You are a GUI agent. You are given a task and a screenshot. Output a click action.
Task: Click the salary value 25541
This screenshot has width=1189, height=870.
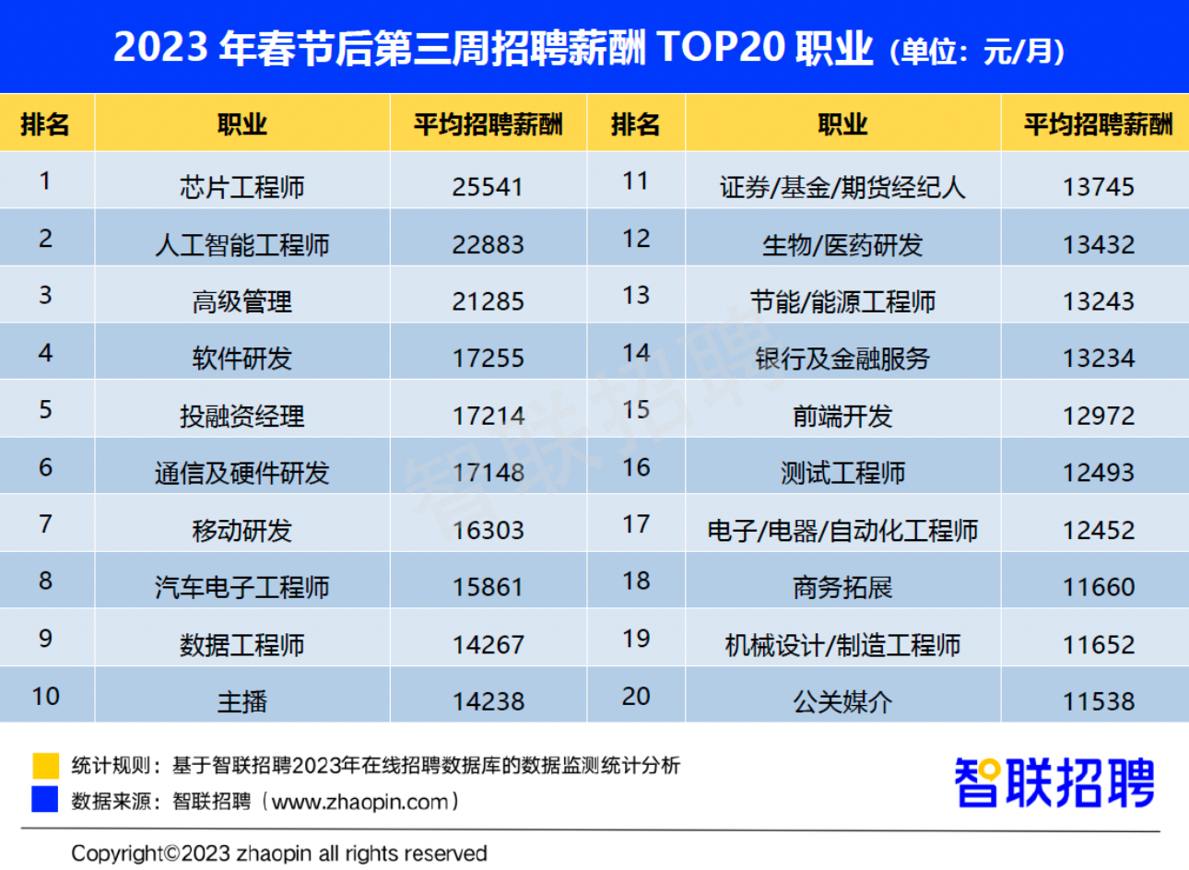(x=488, y=187)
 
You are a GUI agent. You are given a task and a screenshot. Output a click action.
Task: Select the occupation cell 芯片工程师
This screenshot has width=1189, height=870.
(x=242, y=187)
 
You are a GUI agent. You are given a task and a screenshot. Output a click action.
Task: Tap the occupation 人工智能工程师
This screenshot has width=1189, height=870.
(x=242, y=244)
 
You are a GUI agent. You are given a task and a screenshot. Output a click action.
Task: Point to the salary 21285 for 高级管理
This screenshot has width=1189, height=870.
(x=488, y=301)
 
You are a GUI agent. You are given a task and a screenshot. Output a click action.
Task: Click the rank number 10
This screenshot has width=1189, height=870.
(x=45, y=697)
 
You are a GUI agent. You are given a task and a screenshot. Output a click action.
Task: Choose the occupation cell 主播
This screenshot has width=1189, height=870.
(x=242, y=702)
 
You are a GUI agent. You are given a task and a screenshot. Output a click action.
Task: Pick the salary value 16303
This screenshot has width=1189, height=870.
(x=488, y=530)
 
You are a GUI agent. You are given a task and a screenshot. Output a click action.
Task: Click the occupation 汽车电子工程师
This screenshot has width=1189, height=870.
(x=242, y=587)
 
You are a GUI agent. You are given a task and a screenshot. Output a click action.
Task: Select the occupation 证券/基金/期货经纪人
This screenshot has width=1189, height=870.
(x=842, y=187)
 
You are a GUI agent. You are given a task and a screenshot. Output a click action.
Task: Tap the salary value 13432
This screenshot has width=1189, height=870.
(x=1098, y=244)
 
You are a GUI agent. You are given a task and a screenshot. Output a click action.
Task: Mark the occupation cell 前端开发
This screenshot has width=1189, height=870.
(x=842, y=416)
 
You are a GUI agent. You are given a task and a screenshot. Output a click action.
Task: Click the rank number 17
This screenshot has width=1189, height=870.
(x=636, y=524)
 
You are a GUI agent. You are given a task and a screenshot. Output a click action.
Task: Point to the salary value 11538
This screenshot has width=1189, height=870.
(x=1098, y=702)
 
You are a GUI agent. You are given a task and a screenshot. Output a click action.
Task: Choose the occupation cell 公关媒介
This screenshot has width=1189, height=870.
(x=842, y=702)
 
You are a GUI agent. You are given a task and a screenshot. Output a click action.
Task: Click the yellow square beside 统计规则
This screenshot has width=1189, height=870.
(x=45, y=765)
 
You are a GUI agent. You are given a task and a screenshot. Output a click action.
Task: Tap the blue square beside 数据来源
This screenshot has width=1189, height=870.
(x=45, y=799)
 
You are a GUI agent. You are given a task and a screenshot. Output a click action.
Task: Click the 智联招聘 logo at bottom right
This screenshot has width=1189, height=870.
(x=1054, y=782)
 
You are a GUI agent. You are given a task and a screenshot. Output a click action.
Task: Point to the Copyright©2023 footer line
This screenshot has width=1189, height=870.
(x=278, y=853)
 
